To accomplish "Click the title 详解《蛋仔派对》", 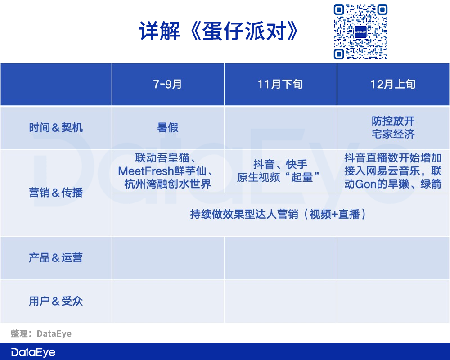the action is pos(219,31).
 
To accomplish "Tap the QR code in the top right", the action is pos(360,32).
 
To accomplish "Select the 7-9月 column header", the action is pos(167,84).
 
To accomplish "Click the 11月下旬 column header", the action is pos(280,84).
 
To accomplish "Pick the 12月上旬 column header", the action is pos(393,84).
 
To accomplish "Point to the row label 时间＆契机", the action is pos(56,127).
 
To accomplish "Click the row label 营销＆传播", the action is pos(56,192).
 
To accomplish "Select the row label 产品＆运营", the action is pos(56,257).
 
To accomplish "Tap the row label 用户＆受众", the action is pos(56,301).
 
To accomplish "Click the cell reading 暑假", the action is pos(167,127).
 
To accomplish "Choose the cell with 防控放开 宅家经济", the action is pos(393,127).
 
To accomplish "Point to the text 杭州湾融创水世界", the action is pos(167,184).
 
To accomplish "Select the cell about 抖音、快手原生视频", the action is pos(279,171).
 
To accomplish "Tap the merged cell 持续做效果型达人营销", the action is pos(278,214).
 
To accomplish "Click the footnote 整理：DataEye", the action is pos(41,333).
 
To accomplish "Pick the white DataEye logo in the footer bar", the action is pos(33,352).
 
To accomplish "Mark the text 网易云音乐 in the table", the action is pos(393,171).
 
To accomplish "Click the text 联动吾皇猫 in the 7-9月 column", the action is pos(162,158).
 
